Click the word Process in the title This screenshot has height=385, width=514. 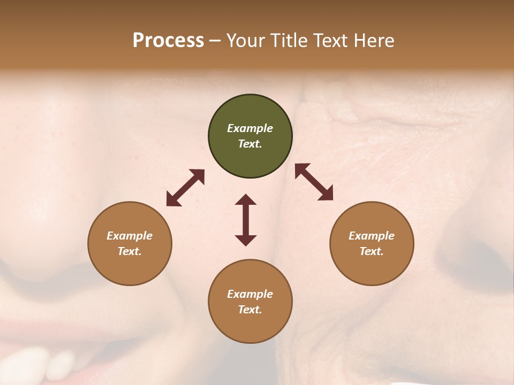168,41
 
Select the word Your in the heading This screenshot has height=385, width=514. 247,41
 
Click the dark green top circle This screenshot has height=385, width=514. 250,136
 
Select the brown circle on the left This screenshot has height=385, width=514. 130,243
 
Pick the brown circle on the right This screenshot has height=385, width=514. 371,243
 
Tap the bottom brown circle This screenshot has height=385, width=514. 250,302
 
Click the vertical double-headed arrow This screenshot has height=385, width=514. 246,220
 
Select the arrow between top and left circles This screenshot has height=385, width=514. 185,188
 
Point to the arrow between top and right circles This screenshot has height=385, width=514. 314,182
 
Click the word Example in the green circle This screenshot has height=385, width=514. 250,128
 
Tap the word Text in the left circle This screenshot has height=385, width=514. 130,251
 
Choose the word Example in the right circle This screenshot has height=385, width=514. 371,236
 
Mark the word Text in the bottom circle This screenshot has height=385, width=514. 250,310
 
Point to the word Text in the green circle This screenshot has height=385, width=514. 250,144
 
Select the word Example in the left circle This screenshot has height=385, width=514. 130,236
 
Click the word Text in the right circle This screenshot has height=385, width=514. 371,251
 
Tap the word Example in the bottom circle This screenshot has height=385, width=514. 250,294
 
